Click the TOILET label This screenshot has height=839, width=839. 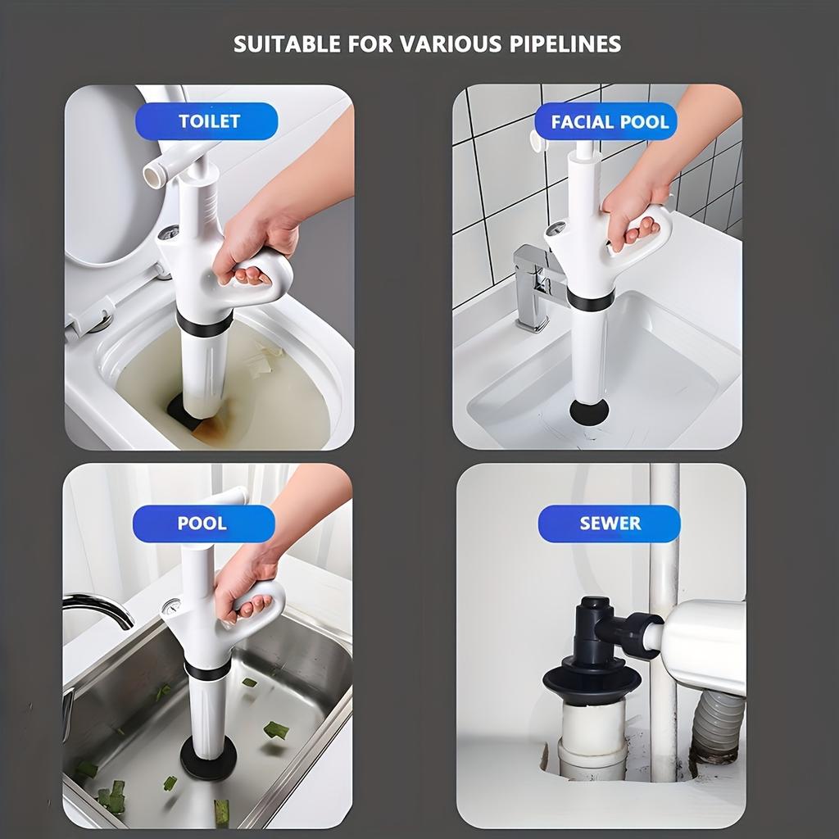209,121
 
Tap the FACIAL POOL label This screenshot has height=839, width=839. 610,122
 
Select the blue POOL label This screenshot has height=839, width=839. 202,523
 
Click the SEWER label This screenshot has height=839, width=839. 610,524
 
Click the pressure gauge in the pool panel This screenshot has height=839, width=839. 172,607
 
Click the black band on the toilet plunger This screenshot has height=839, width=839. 203,324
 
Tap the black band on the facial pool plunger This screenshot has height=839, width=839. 590,300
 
